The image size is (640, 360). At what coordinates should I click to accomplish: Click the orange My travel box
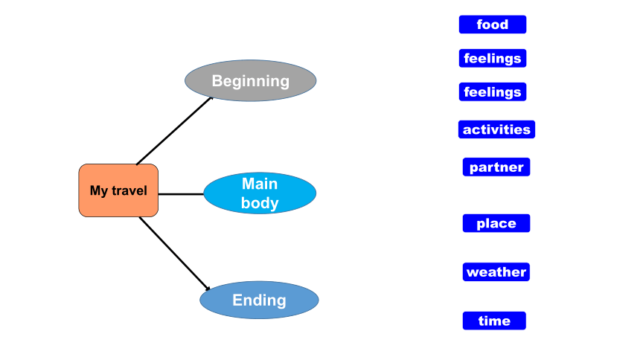coord(118,190)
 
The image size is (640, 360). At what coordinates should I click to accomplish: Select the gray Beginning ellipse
coord(251,80)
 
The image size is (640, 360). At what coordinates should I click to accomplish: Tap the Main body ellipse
coord(260,193)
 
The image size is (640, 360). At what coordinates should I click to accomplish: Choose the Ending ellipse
coord(259,300)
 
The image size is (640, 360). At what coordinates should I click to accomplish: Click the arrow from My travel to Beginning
coord(175,131)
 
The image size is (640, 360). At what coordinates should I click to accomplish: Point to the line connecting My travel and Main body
coord(181,194)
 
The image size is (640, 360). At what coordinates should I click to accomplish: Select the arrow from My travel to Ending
coord(175,254)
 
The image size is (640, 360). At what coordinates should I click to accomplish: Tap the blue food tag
coord(493,25)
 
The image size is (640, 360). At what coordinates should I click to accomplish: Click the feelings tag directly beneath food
coord(493,58)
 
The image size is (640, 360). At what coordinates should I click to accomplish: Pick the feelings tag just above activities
coord(493,91)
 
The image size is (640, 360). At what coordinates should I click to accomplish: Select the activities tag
coord(496,129)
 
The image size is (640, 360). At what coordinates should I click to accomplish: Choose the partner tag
coord(496,167)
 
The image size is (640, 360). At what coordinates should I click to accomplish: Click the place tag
coord(496,223)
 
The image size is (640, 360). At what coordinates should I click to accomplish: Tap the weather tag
coord(496,271)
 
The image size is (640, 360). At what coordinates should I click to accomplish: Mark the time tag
coord(494,321)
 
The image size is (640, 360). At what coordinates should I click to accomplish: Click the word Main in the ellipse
coord(260,184)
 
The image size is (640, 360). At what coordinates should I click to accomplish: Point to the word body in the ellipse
coord(260,203)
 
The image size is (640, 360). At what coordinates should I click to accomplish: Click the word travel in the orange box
coord(129,190)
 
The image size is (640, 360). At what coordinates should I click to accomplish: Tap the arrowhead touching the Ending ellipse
coord(208,288)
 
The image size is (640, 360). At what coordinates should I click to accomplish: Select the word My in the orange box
coord(99,191)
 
